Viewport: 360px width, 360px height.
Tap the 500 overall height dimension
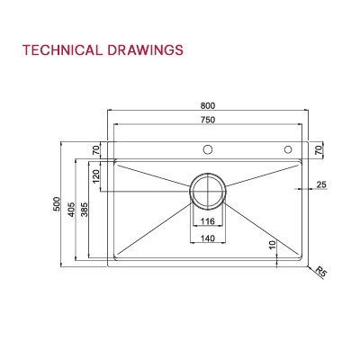point(57,205)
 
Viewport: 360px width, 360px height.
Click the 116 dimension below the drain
point(208,220)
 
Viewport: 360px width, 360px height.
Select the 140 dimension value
point(208,238)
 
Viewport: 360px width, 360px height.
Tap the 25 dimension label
point(321,185)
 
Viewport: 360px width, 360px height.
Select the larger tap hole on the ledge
point(207,148)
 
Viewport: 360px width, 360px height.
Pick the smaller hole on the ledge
point(289,148)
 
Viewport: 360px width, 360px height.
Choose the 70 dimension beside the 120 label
point(96,149)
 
